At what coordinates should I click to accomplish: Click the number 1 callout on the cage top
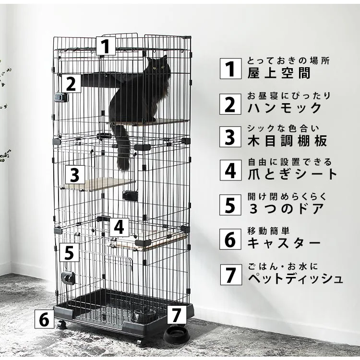(106, 46)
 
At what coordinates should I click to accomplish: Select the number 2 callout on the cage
(71, 84)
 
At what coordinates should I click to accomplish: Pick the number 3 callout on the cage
(75, 175)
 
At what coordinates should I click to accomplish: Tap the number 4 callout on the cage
(119, 228)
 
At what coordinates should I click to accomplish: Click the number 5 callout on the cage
(69, 252)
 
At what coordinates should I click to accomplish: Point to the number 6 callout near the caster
(44, 319)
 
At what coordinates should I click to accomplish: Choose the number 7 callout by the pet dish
(177, 314)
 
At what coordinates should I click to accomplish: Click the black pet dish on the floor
(177, 334)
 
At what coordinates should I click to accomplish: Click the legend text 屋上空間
(279, 73)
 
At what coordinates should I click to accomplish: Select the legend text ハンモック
(285, 108)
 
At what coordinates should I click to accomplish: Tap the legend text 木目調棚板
(287, 141)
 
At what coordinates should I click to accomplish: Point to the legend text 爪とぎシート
(292, 174)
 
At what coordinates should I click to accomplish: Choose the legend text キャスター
(284, 243)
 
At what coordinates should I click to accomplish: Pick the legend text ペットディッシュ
(296, 278)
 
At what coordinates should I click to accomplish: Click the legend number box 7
(231, 275)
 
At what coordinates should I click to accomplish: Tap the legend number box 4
(230, 170)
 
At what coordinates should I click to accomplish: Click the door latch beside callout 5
(69, 278)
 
